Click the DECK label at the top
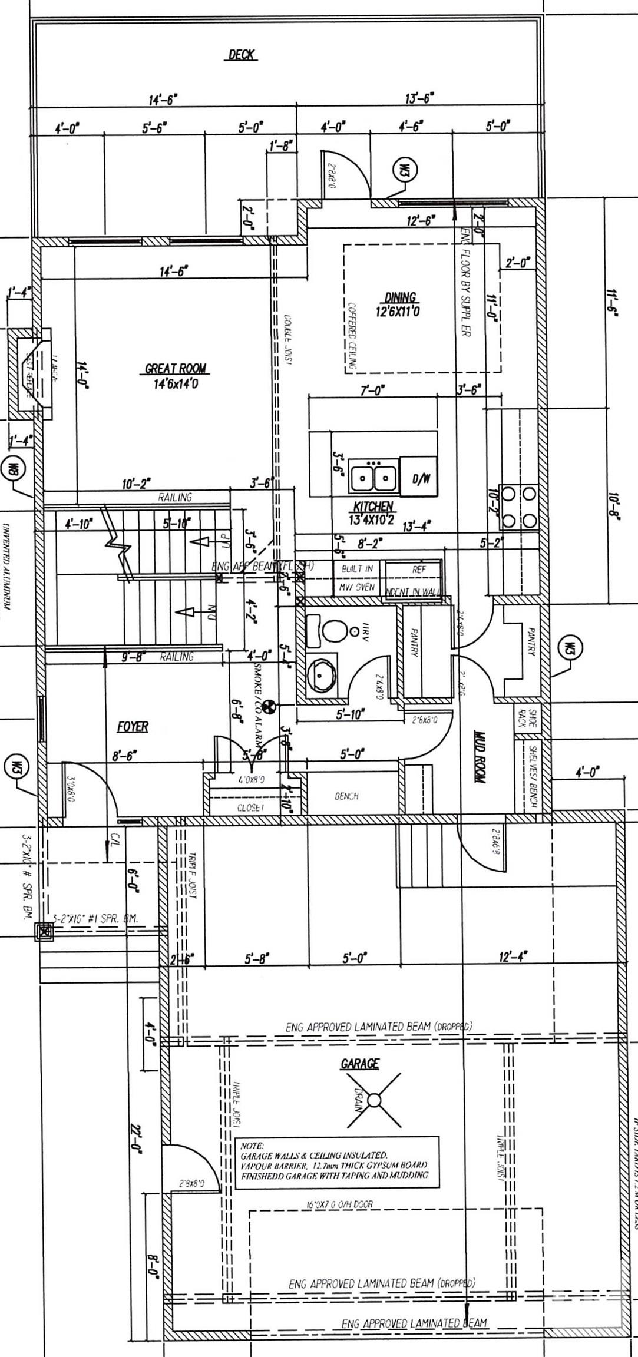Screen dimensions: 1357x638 point(242,55)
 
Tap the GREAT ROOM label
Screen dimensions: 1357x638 point(176,369)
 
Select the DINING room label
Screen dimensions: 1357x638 point(400,297)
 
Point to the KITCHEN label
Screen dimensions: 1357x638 point(373,507)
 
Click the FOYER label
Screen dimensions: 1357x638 point(133,727)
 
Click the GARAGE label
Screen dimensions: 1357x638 point(359,1064)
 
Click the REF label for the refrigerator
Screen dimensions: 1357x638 point(418,570)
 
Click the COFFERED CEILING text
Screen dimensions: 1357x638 point(352,336)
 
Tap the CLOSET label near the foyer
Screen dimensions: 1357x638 point(249,807)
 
